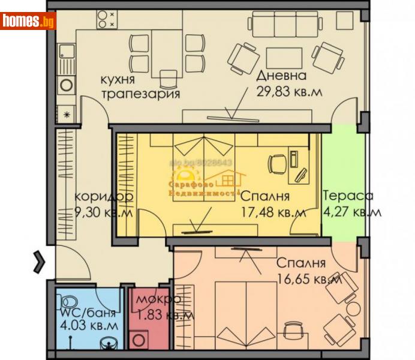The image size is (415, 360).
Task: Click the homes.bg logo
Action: pos(28,21)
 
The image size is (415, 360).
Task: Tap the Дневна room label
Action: pos(281,76)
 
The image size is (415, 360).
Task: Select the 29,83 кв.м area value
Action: pos(289,91)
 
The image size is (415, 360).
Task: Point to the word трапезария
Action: pos(140,94)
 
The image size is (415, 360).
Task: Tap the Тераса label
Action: pos(348,196)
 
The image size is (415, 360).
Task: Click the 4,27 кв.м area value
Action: pos(351,211)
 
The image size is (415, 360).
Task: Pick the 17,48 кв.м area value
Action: pos(272,212)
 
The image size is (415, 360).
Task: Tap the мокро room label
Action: pos(158,300)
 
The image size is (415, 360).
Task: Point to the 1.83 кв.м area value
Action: pos(164,314)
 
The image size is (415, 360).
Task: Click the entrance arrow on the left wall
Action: pos(39,261)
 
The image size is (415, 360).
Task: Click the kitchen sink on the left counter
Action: pos(65,55)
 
